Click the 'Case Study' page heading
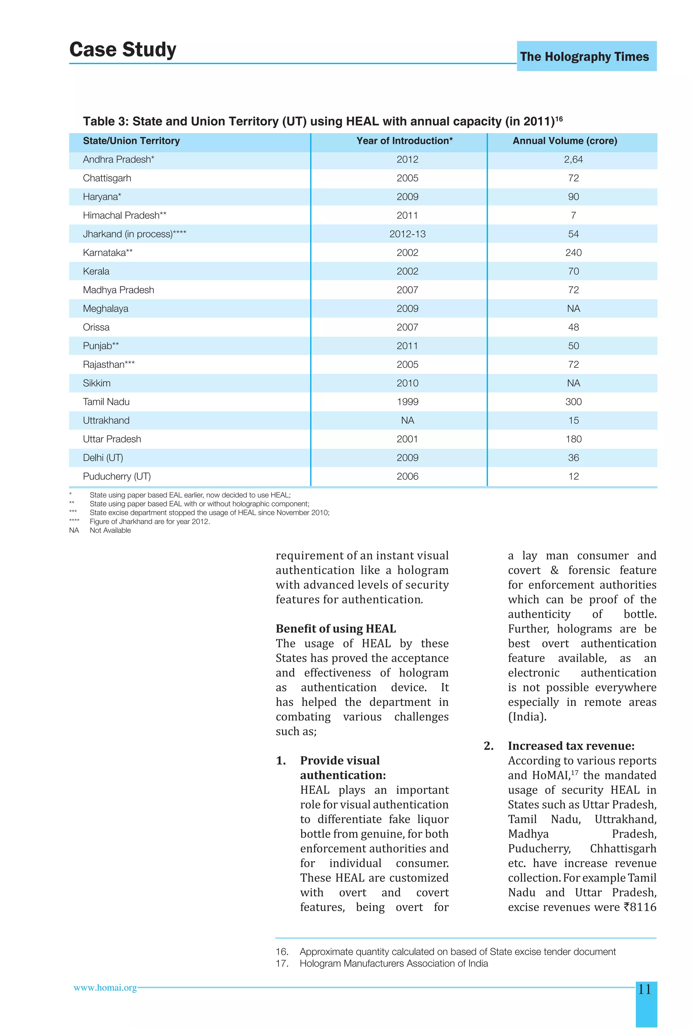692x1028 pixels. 123,49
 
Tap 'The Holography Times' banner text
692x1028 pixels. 584,56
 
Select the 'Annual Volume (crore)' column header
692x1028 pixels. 565,141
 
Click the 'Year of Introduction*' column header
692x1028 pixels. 404,141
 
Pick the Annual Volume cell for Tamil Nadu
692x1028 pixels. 573,402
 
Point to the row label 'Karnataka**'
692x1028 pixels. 108,252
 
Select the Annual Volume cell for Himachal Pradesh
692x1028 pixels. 573,215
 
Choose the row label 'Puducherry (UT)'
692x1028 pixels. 117,476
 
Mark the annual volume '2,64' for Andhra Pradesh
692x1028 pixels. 573,160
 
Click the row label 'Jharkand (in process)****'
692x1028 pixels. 134,234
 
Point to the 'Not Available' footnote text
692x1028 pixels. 110,530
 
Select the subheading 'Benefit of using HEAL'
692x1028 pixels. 336,629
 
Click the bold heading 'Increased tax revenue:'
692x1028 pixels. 571,745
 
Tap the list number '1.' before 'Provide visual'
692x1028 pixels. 281,760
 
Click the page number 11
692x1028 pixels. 645,989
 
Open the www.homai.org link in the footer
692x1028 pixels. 105,988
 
